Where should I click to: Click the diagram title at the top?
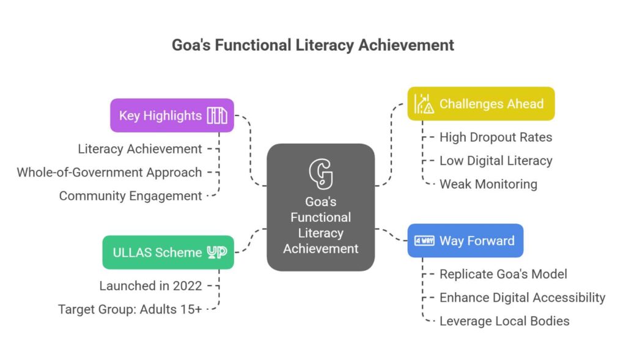point(312,45)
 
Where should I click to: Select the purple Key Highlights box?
point(172,116)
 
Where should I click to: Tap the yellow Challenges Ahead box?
point(481,104)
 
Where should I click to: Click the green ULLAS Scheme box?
point(168,252)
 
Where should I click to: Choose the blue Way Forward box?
point(465,241)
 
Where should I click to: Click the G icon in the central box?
point(320,174)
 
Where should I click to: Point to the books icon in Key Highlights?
point(217,116)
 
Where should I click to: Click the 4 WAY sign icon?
point(424,241)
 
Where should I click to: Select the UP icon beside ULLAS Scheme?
point(217,252)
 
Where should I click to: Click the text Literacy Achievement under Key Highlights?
point(140,149)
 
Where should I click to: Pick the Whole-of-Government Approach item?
point(109,172)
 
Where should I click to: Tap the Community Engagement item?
point(131,196)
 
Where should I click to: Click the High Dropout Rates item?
point(496,138)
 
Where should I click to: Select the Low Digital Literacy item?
point(496,161)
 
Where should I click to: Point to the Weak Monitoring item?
point(488,185)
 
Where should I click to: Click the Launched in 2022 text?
point(150,286)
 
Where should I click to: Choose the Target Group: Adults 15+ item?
point(130,309)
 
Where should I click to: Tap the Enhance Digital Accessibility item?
point(523,298)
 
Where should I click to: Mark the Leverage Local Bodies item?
point(504,321)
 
